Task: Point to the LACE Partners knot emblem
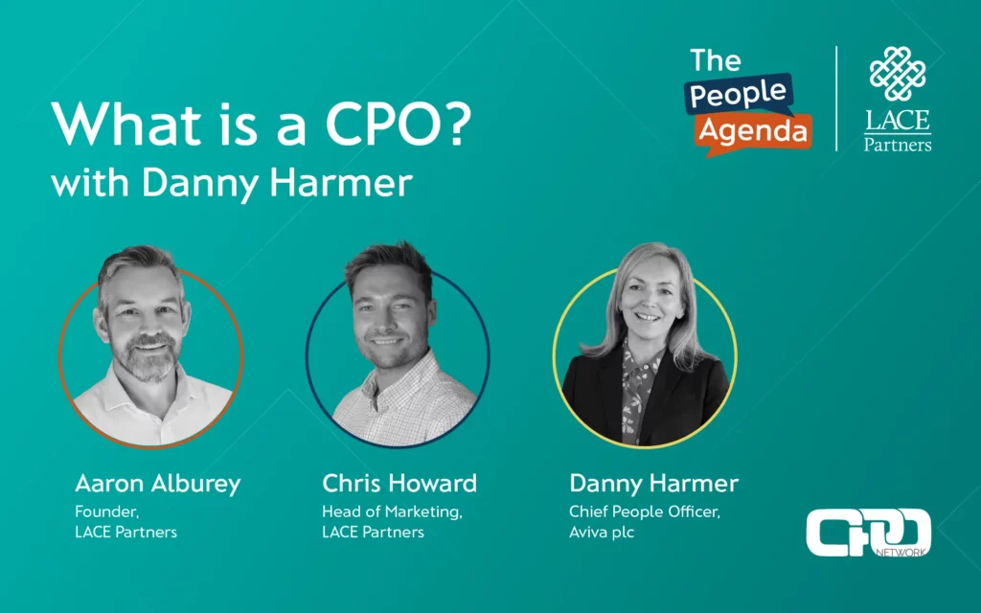(898, 75)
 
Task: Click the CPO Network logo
(868, 533)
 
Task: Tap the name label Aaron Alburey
(157, 483)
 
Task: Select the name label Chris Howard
(399, 483)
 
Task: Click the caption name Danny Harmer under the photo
(654, 483)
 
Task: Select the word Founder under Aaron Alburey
(103, 511)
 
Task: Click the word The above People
(716, 60)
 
